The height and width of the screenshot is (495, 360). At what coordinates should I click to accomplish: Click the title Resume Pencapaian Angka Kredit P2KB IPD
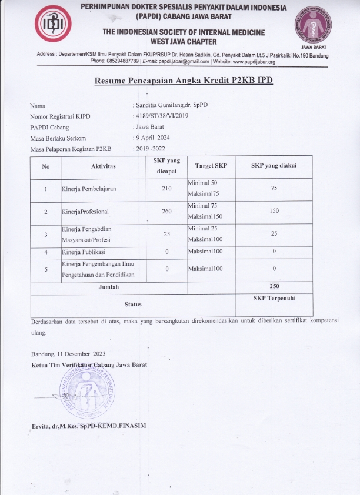point(184,81)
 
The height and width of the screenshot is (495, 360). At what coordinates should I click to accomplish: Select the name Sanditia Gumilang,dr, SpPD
point(171,105)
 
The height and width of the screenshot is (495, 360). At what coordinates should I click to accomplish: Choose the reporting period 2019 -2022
point(155,149)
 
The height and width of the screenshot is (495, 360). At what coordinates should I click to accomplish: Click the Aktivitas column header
point(104,166)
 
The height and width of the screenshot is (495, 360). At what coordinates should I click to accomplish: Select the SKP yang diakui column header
point(274,166)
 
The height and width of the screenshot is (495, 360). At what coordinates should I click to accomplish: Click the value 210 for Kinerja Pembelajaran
point(166,189)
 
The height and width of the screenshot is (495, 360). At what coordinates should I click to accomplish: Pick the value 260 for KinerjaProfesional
point(166,211)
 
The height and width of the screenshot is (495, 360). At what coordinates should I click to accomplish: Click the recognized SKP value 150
point(274,210)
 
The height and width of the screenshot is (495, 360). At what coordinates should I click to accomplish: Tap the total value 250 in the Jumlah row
point(274,286)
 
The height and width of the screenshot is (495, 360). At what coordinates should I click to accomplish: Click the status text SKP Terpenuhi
point(274,298)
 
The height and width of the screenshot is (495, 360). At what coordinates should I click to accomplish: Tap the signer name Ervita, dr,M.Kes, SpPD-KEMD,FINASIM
point(88,425)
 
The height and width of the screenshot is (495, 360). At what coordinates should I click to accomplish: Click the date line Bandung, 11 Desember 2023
point(69,353)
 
